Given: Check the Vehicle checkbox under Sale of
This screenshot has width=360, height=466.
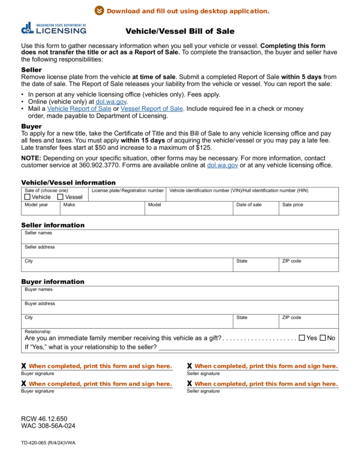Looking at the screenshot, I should (x=28, y=197).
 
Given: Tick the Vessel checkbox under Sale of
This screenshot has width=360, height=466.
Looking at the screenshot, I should (x=61, y=197).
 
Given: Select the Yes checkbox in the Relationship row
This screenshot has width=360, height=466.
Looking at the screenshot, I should (x=302, y=338).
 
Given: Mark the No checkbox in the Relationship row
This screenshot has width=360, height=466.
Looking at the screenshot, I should (x=323, y=338).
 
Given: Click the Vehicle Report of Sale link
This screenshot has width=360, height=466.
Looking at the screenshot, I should (x=79, y=109).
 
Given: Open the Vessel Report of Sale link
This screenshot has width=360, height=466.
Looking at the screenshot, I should (x=151, y=109).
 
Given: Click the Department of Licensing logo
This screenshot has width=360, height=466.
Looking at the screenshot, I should (x=54, y=29).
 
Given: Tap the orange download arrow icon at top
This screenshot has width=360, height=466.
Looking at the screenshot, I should (x=99, y=11).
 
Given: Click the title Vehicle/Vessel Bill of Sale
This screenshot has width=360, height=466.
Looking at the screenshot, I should (x=179, y=31).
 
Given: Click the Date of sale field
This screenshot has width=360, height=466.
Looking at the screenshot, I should (x=256, y=210).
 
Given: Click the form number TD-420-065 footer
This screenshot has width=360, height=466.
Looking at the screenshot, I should (x=48, y=443).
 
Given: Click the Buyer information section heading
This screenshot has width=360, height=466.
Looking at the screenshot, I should (x=52, y=282).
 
